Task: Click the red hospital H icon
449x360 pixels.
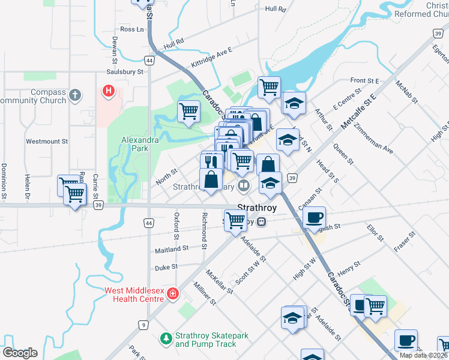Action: pos(108,91)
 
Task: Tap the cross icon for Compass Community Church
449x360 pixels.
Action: pos(74,95)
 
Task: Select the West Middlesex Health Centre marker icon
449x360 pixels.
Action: pos(173,293)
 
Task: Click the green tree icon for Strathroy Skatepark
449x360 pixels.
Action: pos(166,340)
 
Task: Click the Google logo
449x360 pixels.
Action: pos(20,353)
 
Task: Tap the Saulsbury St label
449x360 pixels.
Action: pos(125,71)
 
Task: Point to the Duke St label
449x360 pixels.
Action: pos(166,268)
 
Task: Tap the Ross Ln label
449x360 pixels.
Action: pos(132,29)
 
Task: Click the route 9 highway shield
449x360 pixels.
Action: pos(143,325)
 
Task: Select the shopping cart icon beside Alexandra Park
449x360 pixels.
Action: pos(188,110)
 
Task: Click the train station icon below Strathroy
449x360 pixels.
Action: pos(261,222)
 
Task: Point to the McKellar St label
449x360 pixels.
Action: pos(219,281)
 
